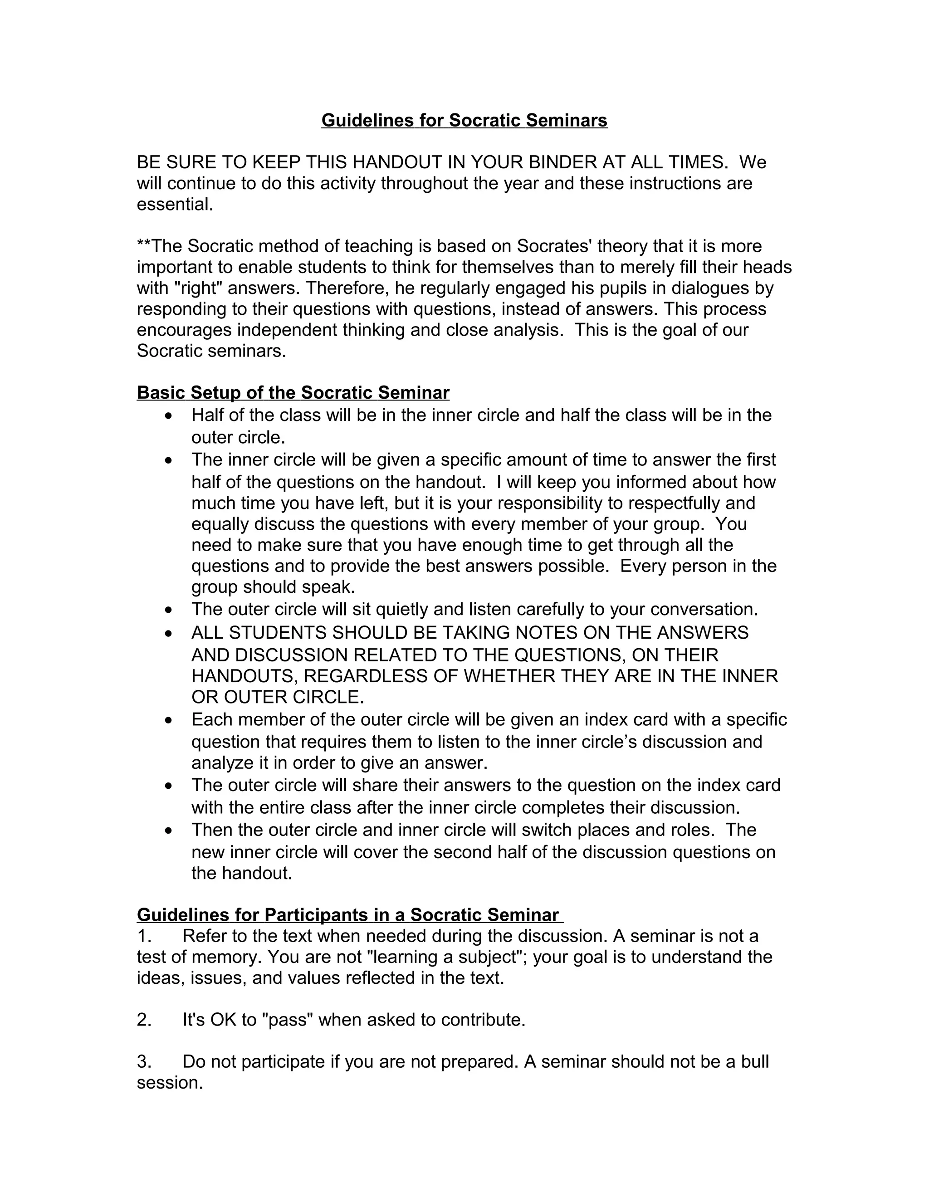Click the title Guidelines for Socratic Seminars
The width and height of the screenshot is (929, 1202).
[x=464, y=121]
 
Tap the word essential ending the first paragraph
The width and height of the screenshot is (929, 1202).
[x=174, y=204]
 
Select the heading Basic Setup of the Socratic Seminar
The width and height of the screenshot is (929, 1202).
[x=293, y=393]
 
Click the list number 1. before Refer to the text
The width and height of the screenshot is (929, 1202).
[x=144, y=936]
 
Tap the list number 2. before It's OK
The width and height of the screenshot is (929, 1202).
[x=144, y=1020]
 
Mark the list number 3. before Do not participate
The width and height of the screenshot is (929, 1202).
[x=144, y=1062]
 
